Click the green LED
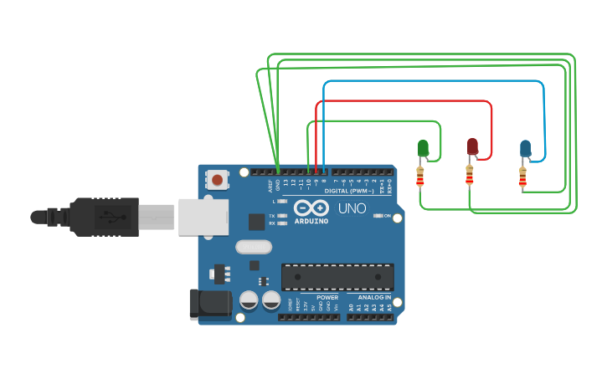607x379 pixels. click(423, 149)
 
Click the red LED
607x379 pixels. click(472, 147)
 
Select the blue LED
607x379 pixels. click(525, 149)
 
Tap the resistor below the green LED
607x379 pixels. click(420, 177)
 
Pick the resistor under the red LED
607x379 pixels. click(469, 176)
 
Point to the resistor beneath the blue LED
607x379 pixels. click(522, 177)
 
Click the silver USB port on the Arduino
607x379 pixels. click(203, 217)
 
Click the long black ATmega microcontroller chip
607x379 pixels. click(337, 277)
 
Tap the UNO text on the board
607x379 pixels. click(352, 208)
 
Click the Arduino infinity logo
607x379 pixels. click(311, 208)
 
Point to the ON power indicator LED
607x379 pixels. click(378, 216)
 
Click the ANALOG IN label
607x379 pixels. click(374, 297)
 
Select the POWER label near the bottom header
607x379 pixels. click(327, 297)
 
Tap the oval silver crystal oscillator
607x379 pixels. click(254, 247)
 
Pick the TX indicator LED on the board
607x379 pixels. click(282, 216)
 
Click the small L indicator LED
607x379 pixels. click(282, 202)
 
